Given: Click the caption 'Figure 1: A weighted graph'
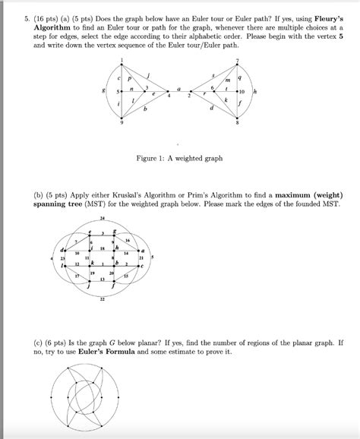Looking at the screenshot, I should click(x=179, y=158).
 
